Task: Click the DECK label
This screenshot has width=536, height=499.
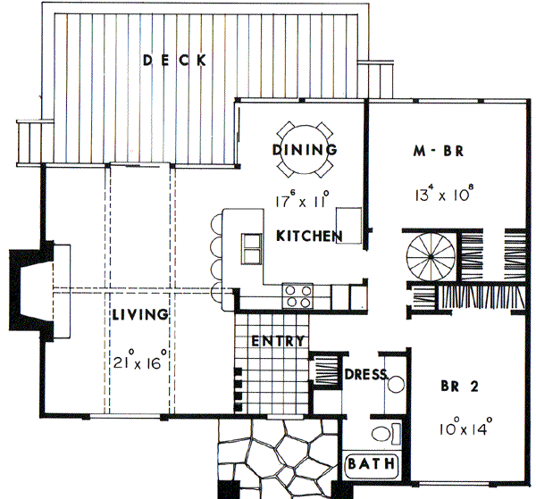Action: (x=175, y=61)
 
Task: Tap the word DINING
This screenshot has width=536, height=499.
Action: (x=305, y=149)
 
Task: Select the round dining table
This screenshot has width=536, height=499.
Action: (x=305, y=149)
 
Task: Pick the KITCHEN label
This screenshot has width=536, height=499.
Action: (x=309, y=237)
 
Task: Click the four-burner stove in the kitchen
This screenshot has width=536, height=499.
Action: (x=297, y=295)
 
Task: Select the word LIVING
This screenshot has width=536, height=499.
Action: (x=141, y=315)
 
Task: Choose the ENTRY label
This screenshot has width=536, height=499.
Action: (x=278, y=341)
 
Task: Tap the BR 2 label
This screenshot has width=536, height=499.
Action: (x=462, y=387)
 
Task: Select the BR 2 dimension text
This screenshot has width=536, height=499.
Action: (x=462, y=428)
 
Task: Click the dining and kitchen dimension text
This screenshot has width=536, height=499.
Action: (x=303, y=200)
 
